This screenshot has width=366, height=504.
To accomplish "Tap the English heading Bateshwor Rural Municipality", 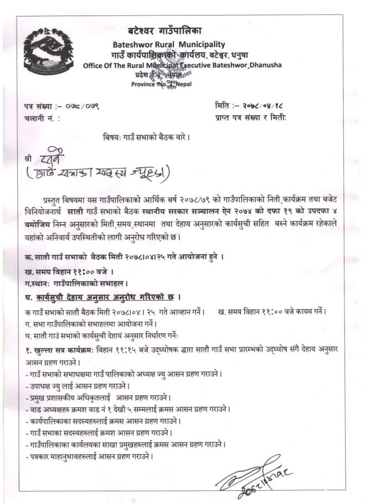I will tap(169, 44).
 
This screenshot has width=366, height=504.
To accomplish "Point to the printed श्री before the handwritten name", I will tap(29, 158).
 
